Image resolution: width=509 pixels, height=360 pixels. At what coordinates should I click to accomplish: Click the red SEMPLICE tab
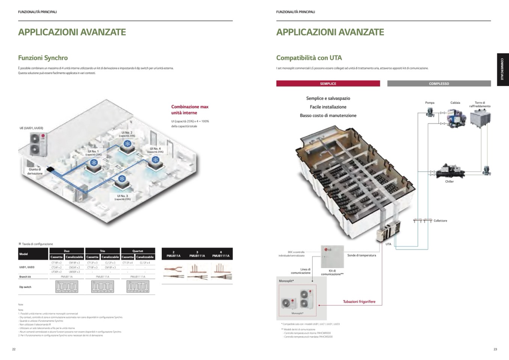[328, 84]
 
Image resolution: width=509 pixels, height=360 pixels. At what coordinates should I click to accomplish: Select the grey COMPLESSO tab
[439, 84]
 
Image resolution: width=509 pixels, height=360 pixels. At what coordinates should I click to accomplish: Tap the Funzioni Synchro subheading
[43, 58]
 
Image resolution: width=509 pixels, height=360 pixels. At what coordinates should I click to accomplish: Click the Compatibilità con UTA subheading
[309, 58]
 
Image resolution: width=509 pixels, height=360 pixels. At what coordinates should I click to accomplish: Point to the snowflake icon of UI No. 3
[122, 179]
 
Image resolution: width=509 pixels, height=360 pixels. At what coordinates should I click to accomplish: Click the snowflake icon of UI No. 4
[155, 160]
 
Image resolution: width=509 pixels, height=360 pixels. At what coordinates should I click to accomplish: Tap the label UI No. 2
[127, 133]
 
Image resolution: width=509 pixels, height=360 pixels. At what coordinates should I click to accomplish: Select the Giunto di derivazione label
[35, 172]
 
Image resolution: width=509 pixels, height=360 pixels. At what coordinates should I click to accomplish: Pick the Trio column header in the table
[102, 251]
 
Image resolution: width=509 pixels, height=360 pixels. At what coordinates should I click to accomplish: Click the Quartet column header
[138, 251]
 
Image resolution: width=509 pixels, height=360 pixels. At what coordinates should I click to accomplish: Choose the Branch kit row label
[25, 277]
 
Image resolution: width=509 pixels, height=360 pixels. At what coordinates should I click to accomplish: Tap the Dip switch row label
[25, 287]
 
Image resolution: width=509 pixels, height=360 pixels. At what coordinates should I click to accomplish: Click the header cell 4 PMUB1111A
[221, 254]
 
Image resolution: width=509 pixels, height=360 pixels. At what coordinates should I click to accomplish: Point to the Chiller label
[449, 182]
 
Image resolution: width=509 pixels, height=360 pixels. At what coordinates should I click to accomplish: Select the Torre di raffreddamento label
[480, 104]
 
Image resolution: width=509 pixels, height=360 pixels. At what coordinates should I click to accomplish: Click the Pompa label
[430, 103]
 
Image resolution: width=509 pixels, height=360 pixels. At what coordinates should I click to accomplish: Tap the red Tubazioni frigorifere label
[359, 302]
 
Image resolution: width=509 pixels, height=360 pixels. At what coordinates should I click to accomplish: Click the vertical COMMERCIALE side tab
[502, 69]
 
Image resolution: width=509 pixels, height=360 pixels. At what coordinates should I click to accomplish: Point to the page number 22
[14, 349]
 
